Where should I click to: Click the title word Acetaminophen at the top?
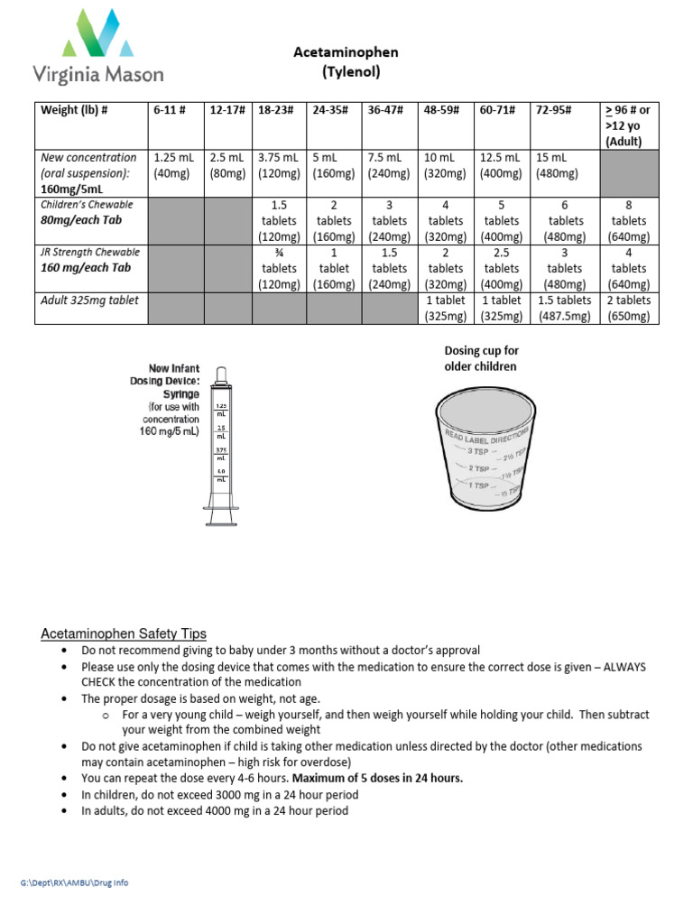[346, 52]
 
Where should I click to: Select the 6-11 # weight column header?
[170, 110]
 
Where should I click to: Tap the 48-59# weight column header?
[442, 110]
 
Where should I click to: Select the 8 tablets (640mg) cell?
[629, 221]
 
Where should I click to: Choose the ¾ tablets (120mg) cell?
[279, 268]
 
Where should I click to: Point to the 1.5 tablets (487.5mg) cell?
[566, 308]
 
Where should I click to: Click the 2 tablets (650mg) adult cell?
[629, 308]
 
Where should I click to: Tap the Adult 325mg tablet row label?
[89, 300]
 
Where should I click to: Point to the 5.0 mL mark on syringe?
[220, 474]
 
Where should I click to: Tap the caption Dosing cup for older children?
[481, 358]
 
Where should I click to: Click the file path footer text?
[74, 882]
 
